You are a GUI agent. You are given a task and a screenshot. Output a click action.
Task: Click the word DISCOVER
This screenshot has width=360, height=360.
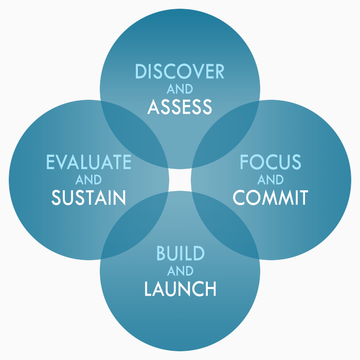tap(179, 71)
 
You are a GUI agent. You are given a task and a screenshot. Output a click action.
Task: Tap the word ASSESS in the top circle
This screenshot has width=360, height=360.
tap(179, 106)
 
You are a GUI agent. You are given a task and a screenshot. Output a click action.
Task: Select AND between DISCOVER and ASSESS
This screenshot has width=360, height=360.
tap(179, 89)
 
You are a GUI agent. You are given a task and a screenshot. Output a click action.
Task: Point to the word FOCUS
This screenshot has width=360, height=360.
tap(270, 162)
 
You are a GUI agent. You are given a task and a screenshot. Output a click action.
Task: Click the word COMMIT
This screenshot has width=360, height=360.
tap(270, 197)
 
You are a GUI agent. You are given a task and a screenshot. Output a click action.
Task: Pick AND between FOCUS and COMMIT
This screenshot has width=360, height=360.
tap(270, 180)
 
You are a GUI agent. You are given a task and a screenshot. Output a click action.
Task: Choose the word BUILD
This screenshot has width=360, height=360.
tap(180, 253)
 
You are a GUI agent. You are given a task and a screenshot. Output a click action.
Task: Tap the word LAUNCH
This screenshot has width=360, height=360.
tap(180, 289)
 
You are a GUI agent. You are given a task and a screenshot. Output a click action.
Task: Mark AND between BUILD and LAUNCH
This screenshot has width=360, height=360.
tap(180, 271)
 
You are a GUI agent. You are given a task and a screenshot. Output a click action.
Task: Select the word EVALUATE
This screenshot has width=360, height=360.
tap(88, 162)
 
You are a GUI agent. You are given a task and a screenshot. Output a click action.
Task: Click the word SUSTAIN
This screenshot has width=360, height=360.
tap(88, 197)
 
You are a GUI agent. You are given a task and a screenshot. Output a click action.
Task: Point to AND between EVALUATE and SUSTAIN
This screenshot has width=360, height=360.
tap(88, 180)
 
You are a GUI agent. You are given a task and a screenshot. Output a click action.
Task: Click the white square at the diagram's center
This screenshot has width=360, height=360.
tap(179, 180)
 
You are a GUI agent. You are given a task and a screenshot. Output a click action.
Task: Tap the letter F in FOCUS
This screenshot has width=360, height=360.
tap(245, 162)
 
